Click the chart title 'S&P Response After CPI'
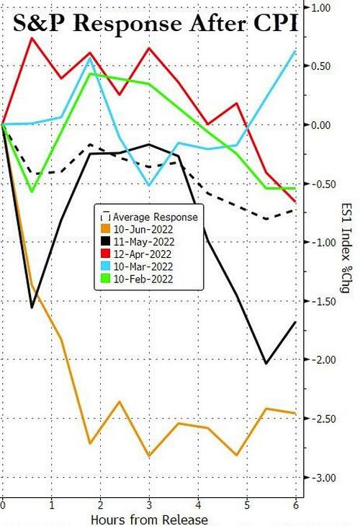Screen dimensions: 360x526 coord(156,24)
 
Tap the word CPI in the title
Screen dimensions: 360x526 coord(274,24)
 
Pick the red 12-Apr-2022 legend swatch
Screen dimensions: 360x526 coord(106,254)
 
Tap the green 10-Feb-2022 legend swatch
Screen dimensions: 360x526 coord(106,279)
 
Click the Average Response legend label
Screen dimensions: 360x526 coord(156,217)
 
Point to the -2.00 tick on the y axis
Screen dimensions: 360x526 coord(320,360)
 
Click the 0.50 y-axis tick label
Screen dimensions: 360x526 coord(321,66)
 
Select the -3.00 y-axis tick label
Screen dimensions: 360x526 coord(320,477)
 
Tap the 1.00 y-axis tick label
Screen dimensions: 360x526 coord(321,7)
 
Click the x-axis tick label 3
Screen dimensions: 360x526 coord(150,505)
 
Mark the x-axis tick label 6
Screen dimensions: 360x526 coord(297,505)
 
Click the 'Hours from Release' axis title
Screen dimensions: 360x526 coord(150,520)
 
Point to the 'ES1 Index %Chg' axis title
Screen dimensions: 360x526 coord(346,248)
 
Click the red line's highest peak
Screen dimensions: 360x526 coord(32,37)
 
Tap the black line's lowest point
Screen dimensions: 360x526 coord(266,363)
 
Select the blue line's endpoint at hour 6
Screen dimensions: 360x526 coord(295,50)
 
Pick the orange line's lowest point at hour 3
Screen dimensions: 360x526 coord(150,456)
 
